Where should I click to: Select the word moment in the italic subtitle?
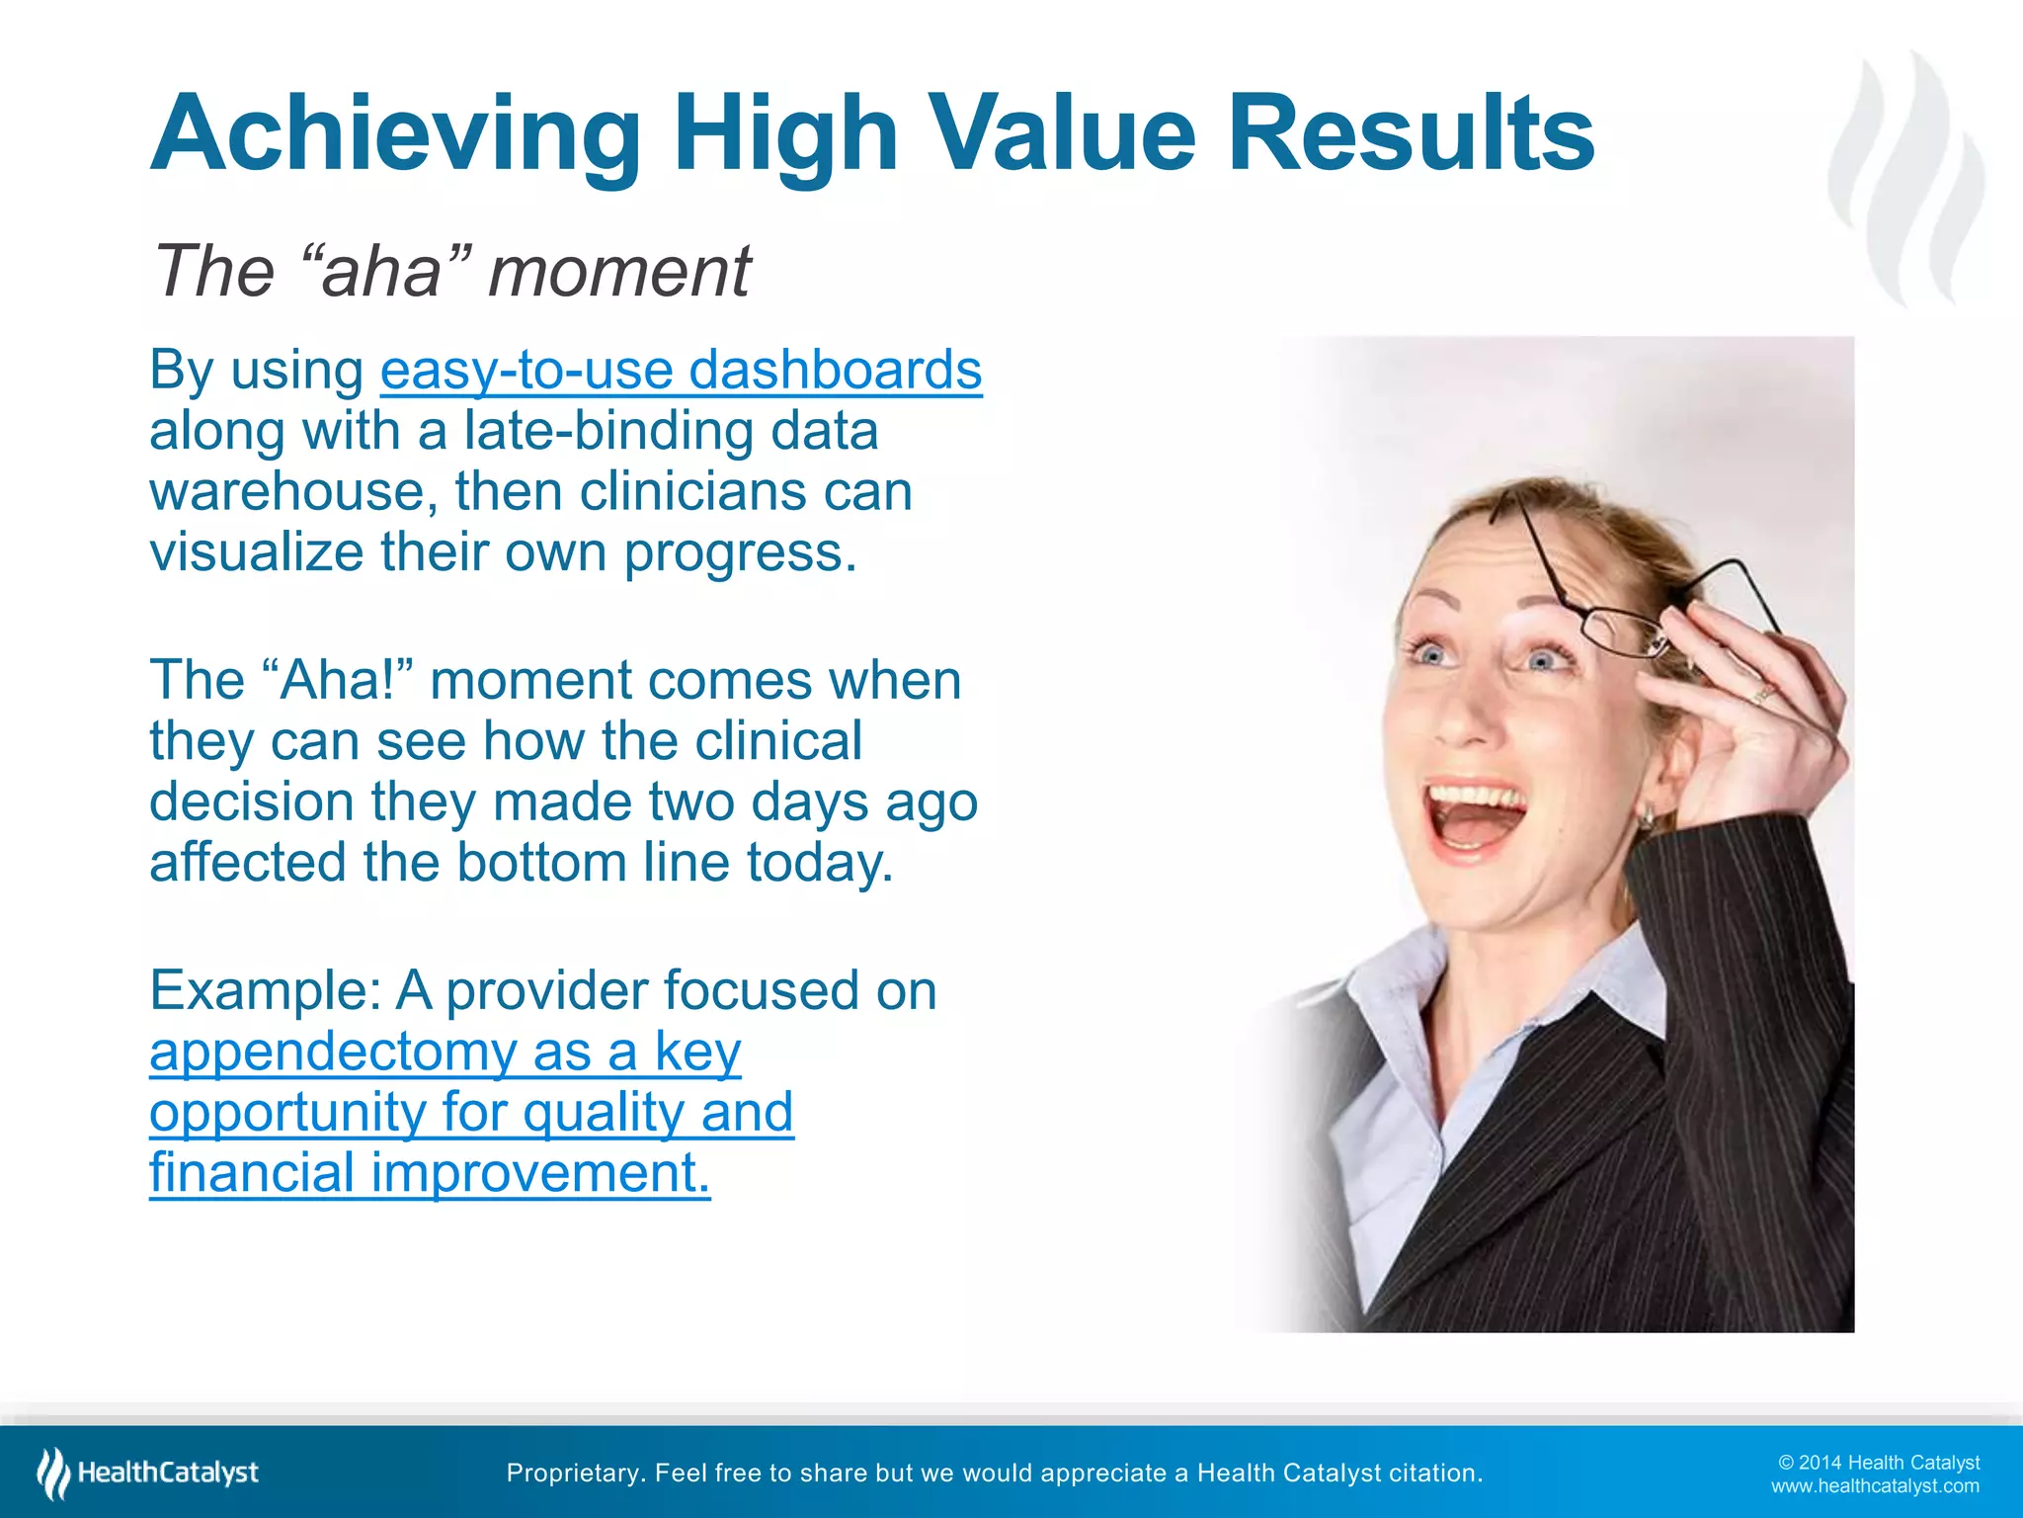(x=619, y=271)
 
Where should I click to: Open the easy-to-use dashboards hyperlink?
(x=681, y=370)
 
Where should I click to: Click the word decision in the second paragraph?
(x=251, y=801)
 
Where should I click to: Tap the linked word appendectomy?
(x=333, y=1052)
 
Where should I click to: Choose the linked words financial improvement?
(x=430, y=1173)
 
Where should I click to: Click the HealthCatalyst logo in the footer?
(x=148, y=1473)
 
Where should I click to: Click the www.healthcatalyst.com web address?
(x=1874, y=1486)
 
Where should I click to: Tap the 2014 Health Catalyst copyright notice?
(x=1879, y=1463)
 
